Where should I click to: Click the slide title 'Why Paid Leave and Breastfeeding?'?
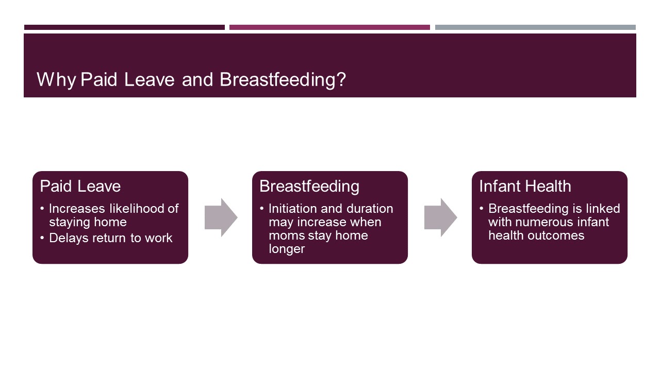[x=191, y=80]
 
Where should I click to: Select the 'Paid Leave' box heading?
[x=80, y=186]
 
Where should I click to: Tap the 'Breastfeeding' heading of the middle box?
[x=309, y=186]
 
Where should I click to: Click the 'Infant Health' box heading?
[x=525, y=186]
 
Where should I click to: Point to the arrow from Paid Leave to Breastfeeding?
[x=221, y=217]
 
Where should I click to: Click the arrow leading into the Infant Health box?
[x=440, y=217]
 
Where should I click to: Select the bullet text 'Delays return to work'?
[x=110, y=238]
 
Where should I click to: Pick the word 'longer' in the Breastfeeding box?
[x=287, y=249]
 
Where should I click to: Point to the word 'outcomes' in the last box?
[x=558, y=235]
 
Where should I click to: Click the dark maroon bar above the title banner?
[x=124, y=27]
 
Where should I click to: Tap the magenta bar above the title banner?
[x=329, y=27]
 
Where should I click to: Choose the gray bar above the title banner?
[x=535, y=27]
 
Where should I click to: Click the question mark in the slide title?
[x=341, y=80]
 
